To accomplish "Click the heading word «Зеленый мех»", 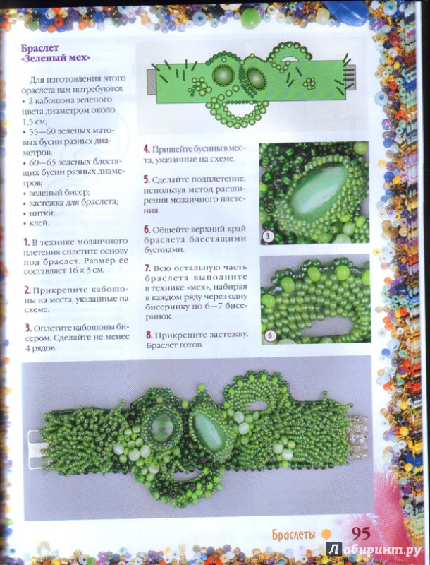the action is [x=55, y=58].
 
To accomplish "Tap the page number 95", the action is [x=361, y=534].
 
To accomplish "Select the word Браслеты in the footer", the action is [x=293, y=535].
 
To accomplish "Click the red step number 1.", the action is [x=26, y=241].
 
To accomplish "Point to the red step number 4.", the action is [x=147, y=149].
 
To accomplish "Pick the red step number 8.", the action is [x=149, y=335].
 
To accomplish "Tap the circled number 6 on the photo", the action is [x=270, y=336].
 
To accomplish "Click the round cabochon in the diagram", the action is [x=223, y=76].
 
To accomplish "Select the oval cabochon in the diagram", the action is [x=256, y=78].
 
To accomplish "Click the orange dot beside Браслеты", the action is [x=326, y=534].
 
